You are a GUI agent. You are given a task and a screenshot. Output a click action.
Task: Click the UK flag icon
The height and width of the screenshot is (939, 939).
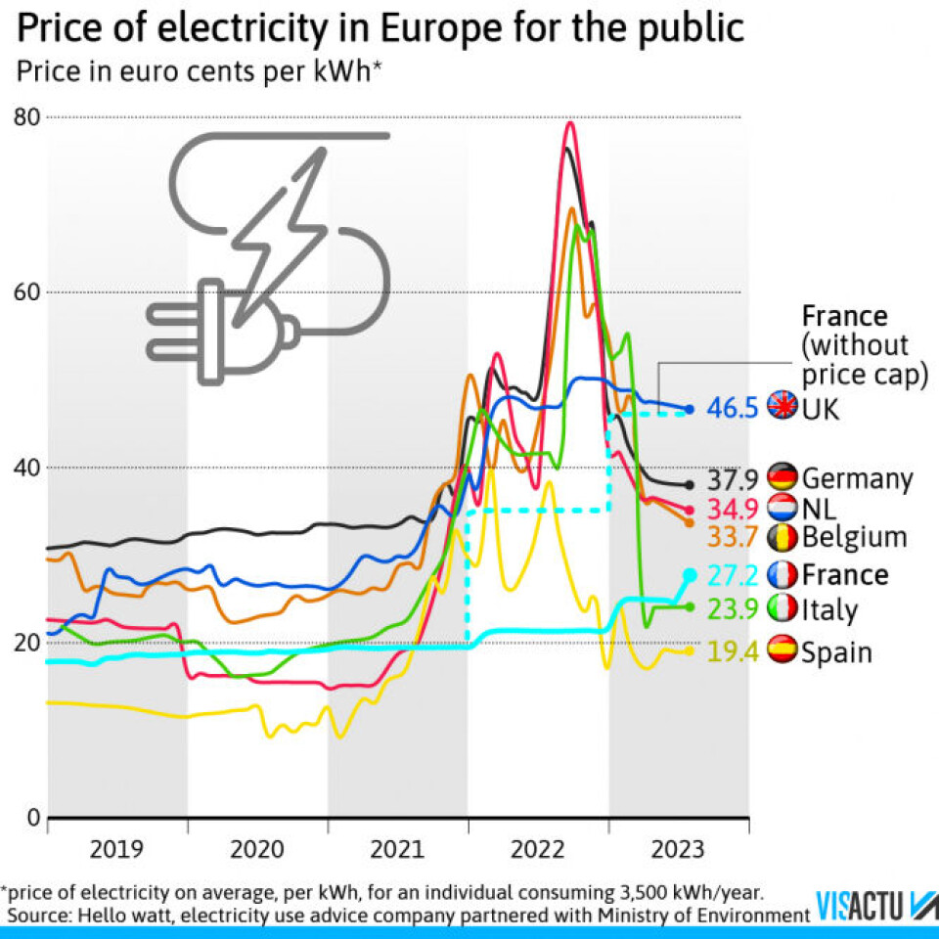pyautogui.click(x=783, y=406)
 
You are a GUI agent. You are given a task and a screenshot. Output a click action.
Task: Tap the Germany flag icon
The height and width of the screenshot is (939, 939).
pyautogui.click(x=783, y=477)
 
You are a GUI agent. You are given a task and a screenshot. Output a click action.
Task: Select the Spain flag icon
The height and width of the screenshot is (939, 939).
pyautogui.click(x=783, y=650)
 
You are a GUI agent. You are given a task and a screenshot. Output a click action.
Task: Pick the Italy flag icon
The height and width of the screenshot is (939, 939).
pyautogui.click(x=783, y=609)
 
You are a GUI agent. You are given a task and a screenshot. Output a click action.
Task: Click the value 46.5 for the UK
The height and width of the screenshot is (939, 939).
pyautogui.click(x=732, y=407)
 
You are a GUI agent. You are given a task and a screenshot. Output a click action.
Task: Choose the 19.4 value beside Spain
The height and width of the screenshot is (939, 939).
pyautogui.click(x=732, y=651)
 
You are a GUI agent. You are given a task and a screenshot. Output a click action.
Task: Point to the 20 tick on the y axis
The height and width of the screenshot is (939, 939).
pyautogui.click(x=26, y=642)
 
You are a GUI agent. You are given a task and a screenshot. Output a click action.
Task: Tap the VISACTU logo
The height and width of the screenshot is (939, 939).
pyautogui.click(x=875, y=905)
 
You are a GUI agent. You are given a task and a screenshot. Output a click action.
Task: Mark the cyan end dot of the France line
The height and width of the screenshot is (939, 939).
pyautogui.click(x=690, y=574)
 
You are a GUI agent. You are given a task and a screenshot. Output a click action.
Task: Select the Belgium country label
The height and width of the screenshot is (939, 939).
pyautogui.click(x=854, y=536)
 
